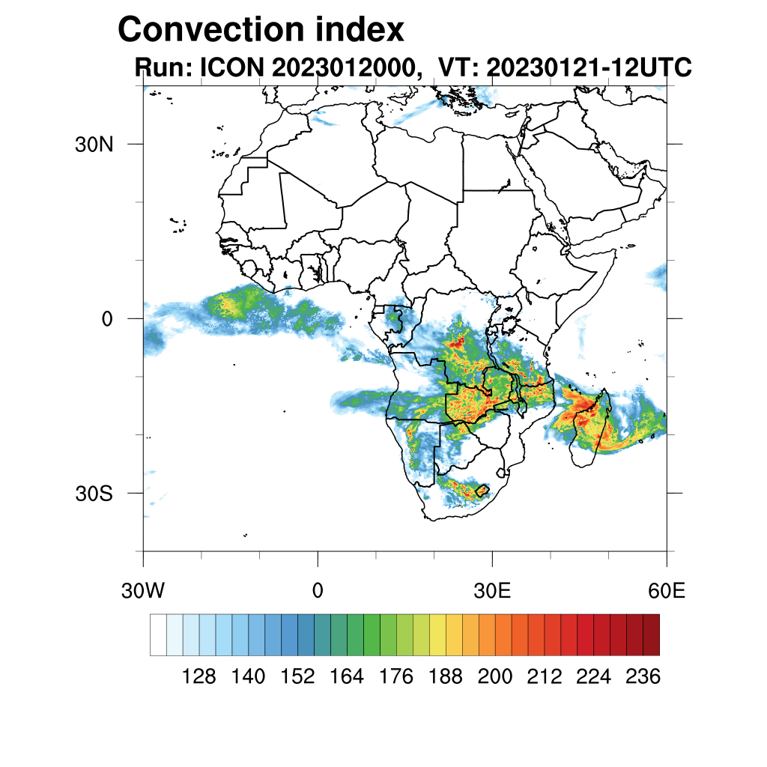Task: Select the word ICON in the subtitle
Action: click(231, 67)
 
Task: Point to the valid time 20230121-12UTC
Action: click(588, 67)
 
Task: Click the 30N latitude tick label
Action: click(94, 144)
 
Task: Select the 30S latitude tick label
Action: click(94, 494)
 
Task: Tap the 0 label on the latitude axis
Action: click(107, 319)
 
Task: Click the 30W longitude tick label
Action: click(143, 591)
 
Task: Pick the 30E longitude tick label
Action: click(492, 591)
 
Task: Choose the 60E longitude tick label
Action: click(667, 591)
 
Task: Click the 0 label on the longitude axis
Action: click(318, 591)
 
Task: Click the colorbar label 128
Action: click(198, 677)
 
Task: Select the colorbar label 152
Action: click(297, 677)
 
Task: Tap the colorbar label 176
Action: click(396, 677)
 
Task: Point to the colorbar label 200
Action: click(495, 677)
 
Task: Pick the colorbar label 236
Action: click(643, 677)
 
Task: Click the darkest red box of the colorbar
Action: click(651, 635)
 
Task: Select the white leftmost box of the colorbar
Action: click(158, 635)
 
